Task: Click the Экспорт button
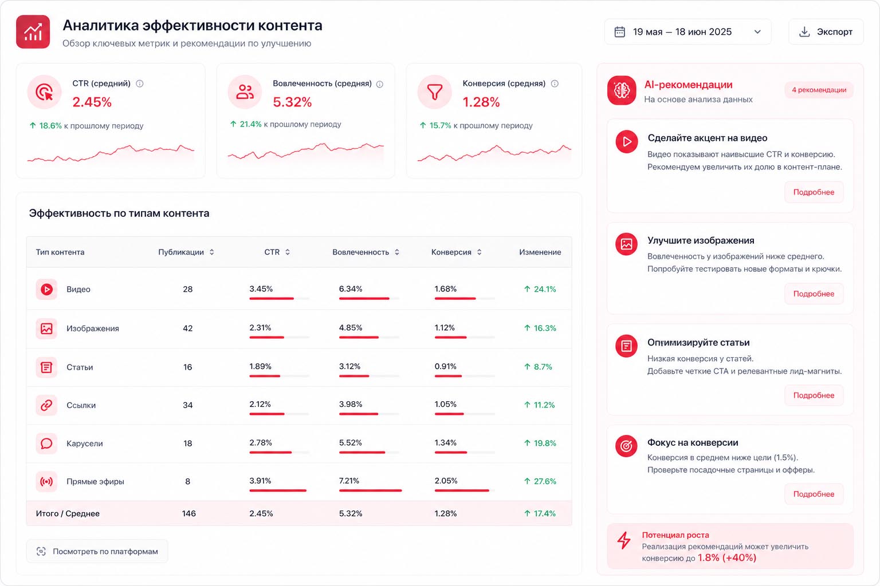826,32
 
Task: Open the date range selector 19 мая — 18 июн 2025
687,32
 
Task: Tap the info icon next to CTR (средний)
139,84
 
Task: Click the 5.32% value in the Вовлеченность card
292,102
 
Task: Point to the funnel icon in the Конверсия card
435,92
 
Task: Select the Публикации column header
180,252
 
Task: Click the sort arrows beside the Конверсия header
480,252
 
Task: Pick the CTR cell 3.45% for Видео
261,289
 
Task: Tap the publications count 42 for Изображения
188,328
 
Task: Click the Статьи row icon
46,367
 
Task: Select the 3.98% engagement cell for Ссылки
351,404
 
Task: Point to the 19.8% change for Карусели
540,443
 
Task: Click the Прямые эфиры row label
95,482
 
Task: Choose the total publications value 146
189,513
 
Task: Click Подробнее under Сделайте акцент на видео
814,192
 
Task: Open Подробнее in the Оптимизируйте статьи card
814,395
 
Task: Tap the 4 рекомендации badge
819,90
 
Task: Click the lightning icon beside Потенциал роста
624,540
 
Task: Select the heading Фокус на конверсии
693,442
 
